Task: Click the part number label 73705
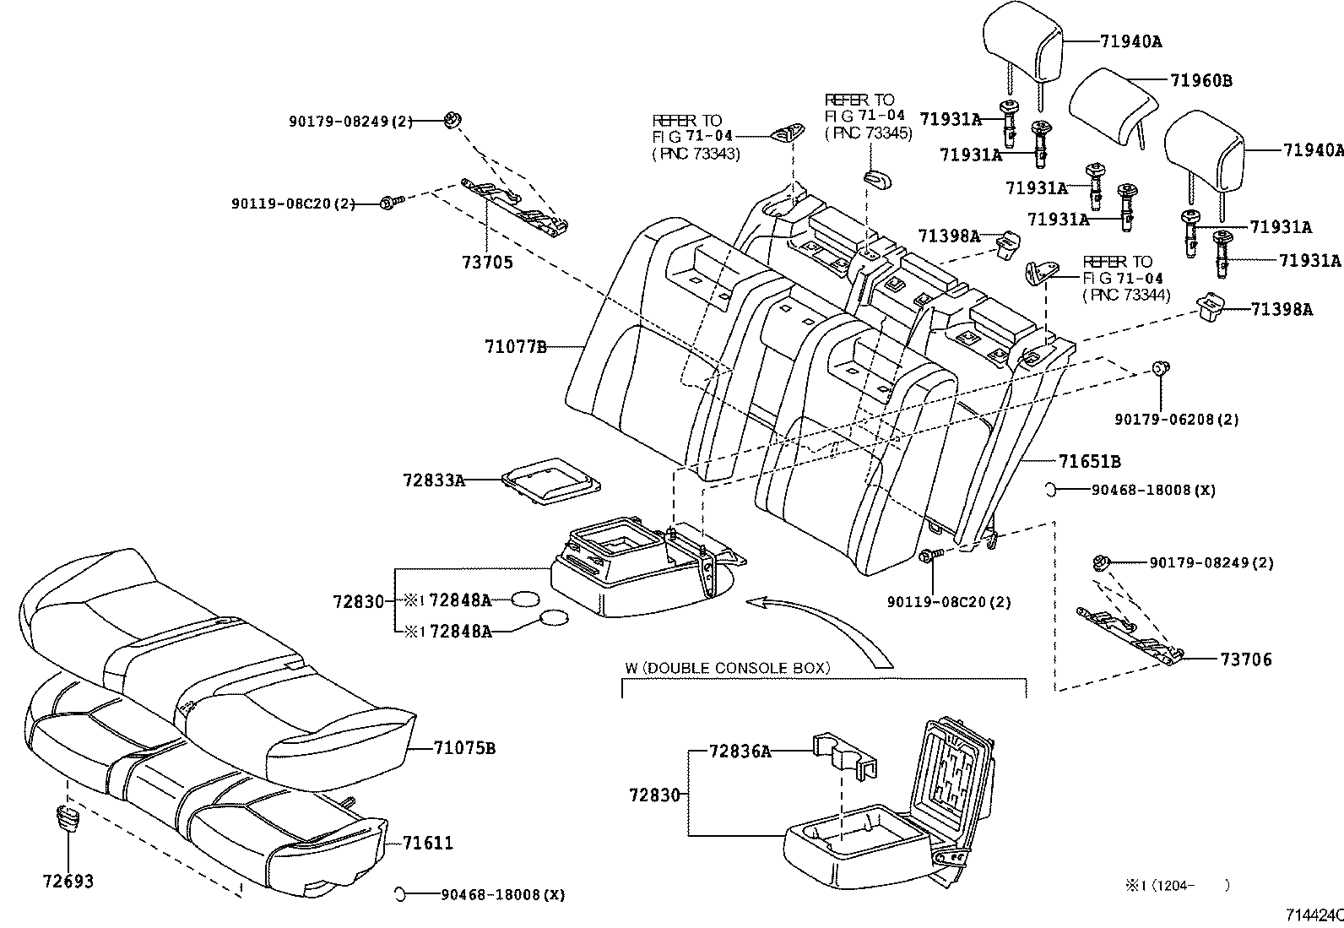coord(487,263)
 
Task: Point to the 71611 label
coord(428,843)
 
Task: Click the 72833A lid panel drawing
coord(550,480)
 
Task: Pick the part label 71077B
coord(516,347)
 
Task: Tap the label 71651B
coord(1090,462)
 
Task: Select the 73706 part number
coord(1246,659)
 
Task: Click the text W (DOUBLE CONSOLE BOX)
coord(728,668)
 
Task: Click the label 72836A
coord(740,751)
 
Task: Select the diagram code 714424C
coord(1314,915)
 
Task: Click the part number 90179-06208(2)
coord(1177,419)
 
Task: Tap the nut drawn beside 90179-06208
coord(1161,367)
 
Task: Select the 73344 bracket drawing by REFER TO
coord(1041,273)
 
